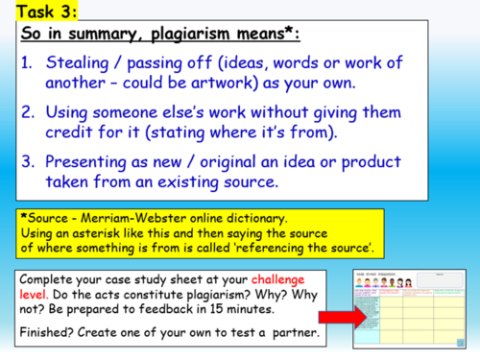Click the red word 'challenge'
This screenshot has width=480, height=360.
288,281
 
